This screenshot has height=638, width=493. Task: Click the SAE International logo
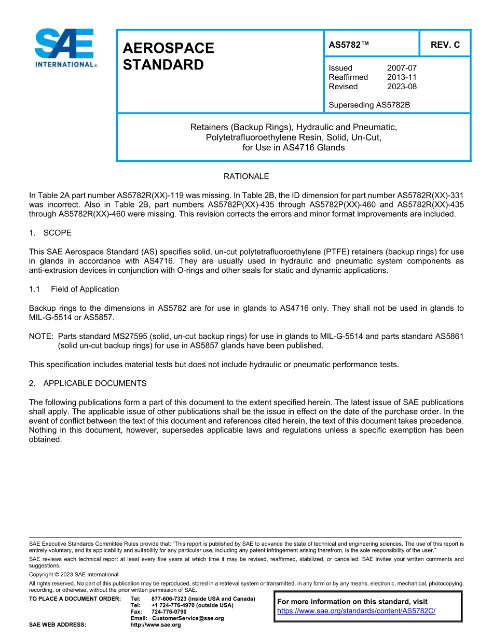(x=65, y=48)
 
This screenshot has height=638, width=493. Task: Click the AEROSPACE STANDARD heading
(x=168, y=57)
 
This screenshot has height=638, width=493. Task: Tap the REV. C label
(x=445, y=45)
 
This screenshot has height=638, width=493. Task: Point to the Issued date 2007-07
(x=402, y=68)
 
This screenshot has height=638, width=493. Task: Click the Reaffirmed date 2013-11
(x=402, y=77)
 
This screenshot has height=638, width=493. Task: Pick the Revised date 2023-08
(x=402, y=87)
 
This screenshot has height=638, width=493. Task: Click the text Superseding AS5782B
(x=369, y=105)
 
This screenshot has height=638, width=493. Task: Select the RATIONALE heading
(x=246, y=176)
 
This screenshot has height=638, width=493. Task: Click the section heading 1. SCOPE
(x=50, y=232)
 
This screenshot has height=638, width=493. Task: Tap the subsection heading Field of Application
(x=85, y=289)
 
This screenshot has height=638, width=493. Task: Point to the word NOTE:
(x=42, y=336)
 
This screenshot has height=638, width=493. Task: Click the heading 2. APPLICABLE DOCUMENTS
(x=88, y=383)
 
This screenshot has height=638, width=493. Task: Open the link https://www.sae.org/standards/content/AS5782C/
(x=356, y=611)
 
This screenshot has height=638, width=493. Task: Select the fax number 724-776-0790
(x=169, y=612)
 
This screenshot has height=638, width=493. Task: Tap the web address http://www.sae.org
(x=166, y=625)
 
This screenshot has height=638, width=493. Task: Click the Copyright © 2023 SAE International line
(x=74, y=574)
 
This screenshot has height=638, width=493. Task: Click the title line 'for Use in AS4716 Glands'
(x=293, y=147)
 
